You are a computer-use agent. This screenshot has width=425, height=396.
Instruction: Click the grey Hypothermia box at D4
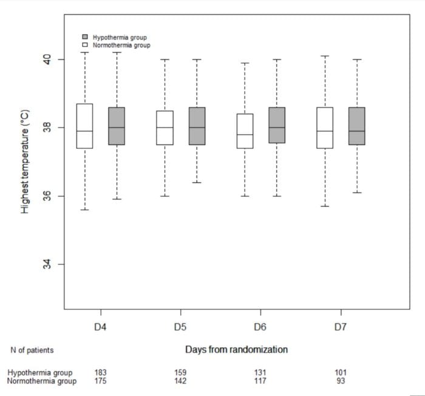pyautogui.click(x=117, y=126)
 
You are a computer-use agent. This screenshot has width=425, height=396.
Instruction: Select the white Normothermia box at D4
pyautogui.click(x=85, y=126)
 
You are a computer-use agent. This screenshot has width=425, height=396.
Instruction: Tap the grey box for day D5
pyautogui.click(x=197, y=126)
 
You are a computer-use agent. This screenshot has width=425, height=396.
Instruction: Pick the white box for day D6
pyautogui.click(x=245, y=131)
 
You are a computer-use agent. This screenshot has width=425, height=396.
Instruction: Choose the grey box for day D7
pyautogui.click(x=356, y=126)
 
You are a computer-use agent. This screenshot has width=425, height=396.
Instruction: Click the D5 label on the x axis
pyautogui.click(x=180, y=327)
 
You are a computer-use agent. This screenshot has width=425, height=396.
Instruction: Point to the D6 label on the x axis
pyautogui.click(x=260, y=327)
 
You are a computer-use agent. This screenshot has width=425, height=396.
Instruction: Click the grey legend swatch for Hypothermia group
pyautogui.click(x=86, y=37)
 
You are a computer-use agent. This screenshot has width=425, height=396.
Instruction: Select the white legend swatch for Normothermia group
pyautogui.click(x=86, y=46)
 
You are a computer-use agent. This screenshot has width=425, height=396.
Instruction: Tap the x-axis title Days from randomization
pyautogui.click(x=236, y=350)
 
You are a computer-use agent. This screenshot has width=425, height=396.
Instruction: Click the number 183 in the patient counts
pyautogui.click(x=101, y=373)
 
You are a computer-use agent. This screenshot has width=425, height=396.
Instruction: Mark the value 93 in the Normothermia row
pyautogui.click(x=341, y=381)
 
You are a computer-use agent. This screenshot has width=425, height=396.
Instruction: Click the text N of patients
pyautogui.click(x=32, y=350)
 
